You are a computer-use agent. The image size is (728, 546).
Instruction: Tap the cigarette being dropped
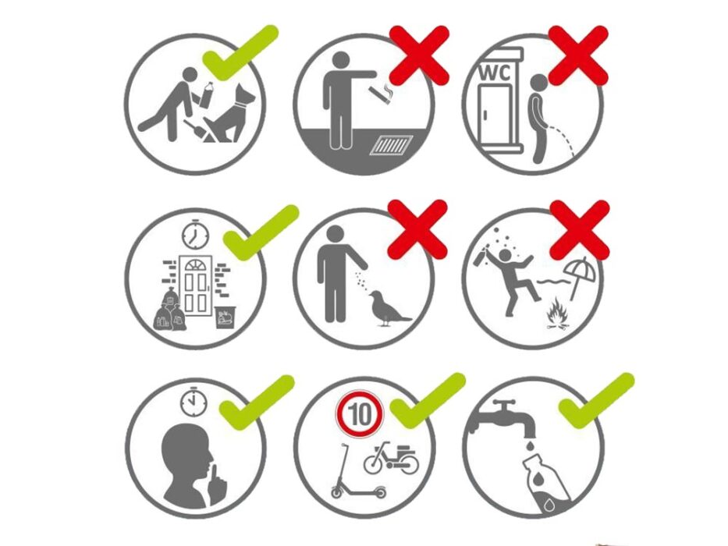[x=381, y=94]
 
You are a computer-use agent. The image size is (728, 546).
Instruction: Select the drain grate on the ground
[x=392, y=144]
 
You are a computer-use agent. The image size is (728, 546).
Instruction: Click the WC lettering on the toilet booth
[x=495, y=73]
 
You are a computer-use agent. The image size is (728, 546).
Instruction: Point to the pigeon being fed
[x=387, y=308]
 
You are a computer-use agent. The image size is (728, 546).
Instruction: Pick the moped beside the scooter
[x=391, y=459]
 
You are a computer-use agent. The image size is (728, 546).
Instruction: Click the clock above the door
[x=196, y=235]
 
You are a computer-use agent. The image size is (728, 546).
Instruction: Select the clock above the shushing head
[x=194, y=402]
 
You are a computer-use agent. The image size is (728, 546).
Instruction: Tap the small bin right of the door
[x=226, y=317]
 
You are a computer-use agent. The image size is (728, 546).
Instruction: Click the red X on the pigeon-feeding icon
[x=417, y=230]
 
